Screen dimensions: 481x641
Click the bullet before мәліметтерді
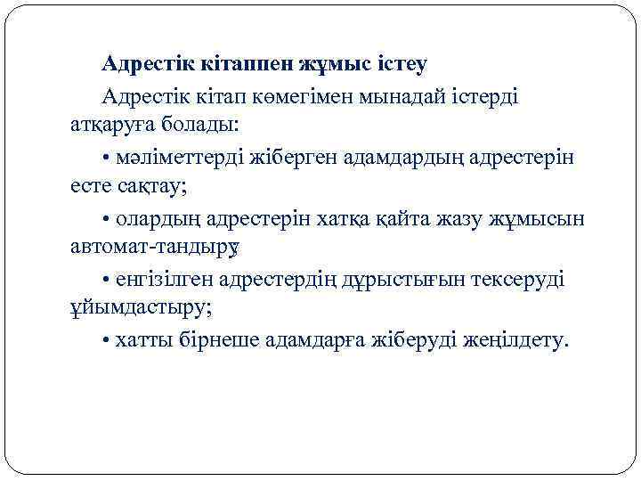(x=106, y=158)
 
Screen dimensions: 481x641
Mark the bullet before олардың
(x=106, y=220)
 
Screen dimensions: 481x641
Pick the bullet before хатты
(x=106, y=342)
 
